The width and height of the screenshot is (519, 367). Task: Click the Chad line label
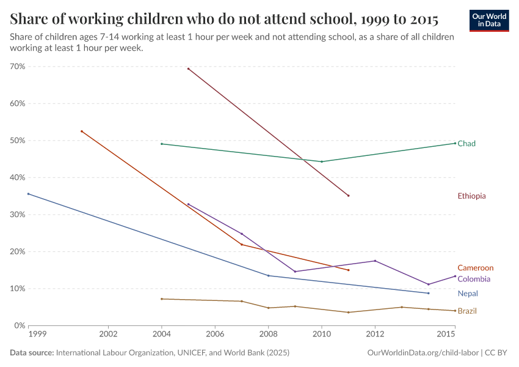(466, 144)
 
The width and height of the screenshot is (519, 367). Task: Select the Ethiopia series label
(471, 196)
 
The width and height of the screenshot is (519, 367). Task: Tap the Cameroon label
(475, 268)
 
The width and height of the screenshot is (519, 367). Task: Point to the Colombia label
(474, 280)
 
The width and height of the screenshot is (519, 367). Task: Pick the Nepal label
(468, 294)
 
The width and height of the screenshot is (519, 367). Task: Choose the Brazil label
(467, 311)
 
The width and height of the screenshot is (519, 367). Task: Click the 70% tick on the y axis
(16, 67)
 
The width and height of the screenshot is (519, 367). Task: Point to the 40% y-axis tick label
(16, 177)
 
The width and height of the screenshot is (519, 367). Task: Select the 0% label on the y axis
(18, 325)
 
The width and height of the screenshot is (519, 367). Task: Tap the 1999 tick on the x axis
(36, 335)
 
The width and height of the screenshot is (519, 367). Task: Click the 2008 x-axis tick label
(268, 335)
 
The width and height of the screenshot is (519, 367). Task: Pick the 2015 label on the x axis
(446, 335)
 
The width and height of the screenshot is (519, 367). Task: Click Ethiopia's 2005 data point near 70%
(188, 69)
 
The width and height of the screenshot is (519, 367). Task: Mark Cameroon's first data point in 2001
(81, 131)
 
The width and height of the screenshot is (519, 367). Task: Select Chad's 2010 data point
(322, 161)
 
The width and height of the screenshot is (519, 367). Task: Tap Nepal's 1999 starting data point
(28, 194)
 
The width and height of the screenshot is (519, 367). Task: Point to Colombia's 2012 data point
(375, 261)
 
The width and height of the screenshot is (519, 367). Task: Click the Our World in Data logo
(488, 20)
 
